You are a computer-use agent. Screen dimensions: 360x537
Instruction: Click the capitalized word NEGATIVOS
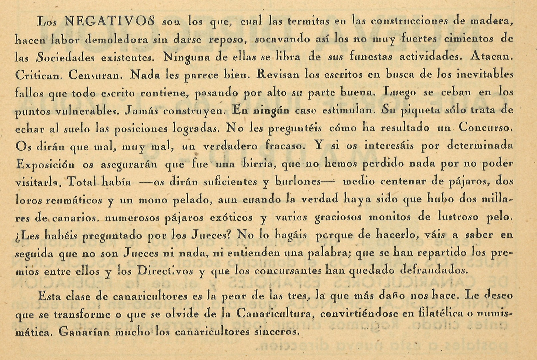coord(110,22)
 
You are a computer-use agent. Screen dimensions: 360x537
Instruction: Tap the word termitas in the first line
coord(308,22)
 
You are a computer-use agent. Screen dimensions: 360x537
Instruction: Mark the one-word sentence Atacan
coord(492,56)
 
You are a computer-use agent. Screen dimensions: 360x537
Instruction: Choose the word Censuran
coord(96,75)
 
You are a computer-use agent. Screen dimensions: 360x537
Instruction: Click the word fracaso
coord(285,146)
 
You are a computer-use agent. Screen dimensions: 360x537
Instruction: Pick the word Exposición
coord(46,164)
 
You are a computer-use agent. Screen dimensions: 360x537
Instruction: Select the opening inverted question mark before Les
coord(17,236)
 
